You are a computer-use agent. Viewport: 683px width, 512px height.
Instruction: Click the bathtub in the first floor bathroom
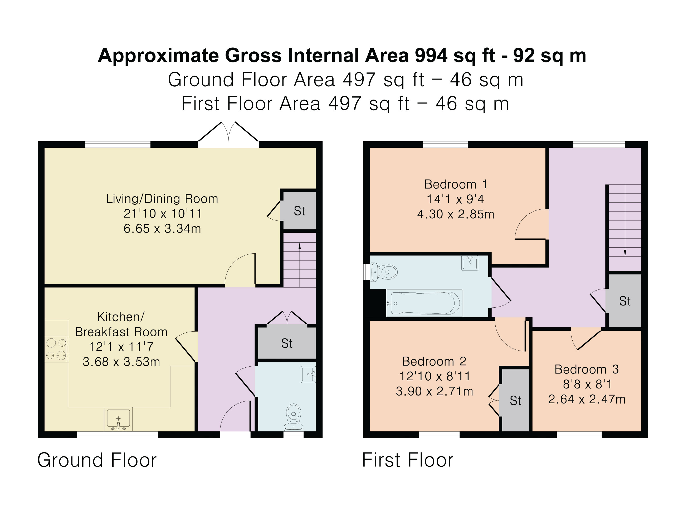click(x=425, y=303)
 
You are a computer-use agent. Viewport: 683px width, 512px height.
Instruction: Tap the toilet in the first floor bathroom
click(x=383, y=272)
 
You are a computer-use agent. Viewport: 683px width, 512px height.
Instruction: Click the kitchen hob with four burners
click(x=56, y=349)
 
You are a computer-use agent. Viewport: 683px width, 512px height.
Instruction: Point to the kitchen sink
click(x=119, y=419)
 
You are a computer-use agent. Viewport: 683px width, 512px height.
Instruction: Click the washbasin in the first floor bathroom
click(x=470, y=263)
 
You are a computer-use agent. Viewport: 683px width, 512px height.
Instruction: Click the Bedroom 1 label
click(x=456, y=184)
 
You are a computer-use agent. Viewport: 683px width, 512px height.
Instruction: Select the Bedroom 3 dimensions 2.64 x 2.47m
click(x=587, y=399)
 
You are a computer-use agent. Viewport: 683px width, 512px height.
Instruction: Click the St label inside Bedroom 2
click(x=515, y=401)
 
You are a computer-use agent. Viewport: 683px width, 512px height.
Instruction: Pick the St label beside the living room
click(x=299, y=211)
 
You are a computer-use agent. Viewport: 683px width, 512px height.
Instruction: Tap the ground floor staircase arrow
click(x=300, y=265)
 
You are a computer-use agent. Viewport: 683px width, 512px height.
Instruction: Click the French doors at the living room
click(x=228, y=135)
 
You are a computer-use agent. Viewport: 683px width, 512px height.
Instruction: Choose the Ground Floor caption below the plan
click(x=97, y=460)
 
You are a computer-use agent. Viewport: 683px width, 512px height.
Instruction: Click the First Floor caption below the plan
click(x=408, y=460)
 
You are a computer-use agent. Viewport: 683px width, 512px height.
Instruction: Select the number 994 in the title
click(x=431, y=56)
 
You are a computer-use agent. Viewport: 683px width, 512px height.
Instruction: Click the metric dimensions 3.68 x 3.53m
click(x=121, y=362)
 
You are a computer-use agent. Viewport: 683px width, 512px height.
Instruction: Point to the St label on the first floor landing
click(x=625, y=301)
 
